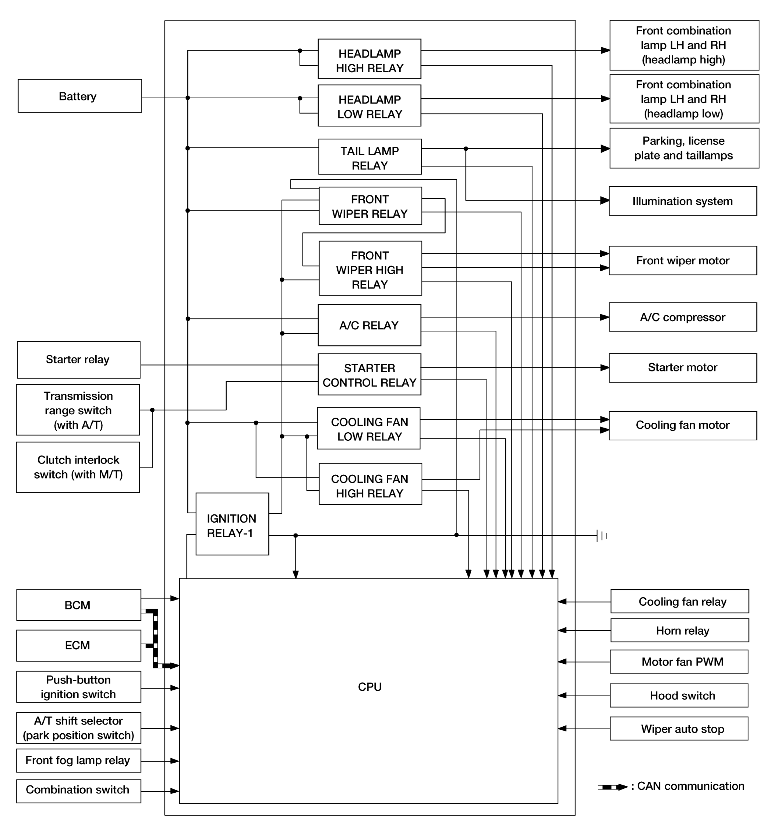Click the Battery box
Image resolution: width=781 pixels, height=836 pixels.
pyautogui.click(x=80, y=96)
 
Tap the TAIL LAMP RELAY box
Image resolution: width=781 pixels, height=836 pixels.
pyautogui.click(x=370, y=157)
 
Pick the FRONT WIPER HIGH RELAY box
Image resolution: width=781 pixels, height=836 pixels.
pyautogui.click(x=370, y=268)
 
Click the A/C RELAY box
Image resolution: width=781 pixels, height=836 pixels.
pyautogui.click(x=369, y=325)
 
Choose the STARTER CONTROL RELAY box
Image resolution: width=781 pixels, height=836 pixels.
pyautogui.click(x=369, y=374)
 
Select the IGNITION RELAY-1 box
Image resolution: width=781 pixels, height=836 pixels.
pyautogui.click(x=232, y=524)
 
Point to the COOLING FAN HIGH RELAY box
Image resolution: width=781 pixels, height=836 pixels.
pyautogui.click(x=370, y=484)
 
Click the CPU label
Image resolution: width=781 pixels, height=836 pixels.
pyautogui.click(x=370, y=687)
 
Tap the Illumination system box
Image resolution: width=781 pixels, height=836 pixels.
pyautogui.click(x=683, y=201)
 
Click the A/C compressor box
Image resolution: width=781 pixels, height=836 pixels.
pyautogui.click(x=683, y=317)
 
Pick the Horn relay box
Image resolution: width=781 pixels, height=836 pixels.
pyautogui.click(x=680, y=630)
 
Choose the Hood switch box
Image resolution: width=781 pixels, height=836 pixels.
pyautogui.click(x=679, y=696)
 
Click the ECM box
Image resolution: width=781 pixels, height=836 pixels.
pyautogui.click(x=78, y=645)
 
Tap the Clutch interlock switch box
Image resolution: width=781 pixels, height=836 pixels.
pyautogui.click(x=78, y=467)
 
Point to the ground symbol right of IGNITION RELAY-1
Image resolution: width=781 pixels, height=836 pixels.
pyautogui.click(x=602, y=536)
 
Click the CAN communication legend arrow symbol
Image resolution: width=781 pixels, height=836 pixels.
pyautogui.click(x=612, y=787)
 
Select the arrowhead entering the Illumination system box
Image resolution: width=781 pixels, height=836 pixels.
pyautogui.click(x=604, y=201)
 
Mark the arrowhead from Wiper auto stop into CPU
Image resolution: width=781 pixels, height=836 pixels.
pyautogui.click(x=563, y=728)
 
